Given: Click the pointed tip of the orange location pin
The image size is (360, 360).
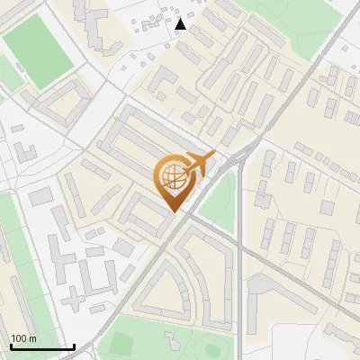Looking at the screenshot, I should click(173, 211).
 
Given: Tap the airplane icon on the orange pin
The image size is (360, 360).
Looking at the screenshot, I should click(197, 163).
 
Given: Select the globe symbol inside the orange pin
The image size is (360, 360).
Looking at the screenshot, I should click(171, 177).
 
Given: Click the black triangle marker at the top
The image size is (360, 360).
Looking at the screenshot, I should click(181, 24).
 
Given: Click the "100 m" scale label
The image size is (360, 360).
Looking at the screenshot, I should click(23, 338).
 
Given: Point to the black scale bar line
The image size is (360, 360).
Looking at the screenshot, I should click(41, 347).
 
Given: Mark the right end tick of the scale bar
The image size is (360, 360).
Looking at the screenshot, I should click(74, 346).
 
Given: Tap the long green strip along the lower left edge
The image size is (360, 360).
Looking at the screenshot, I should click(13, 270).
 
